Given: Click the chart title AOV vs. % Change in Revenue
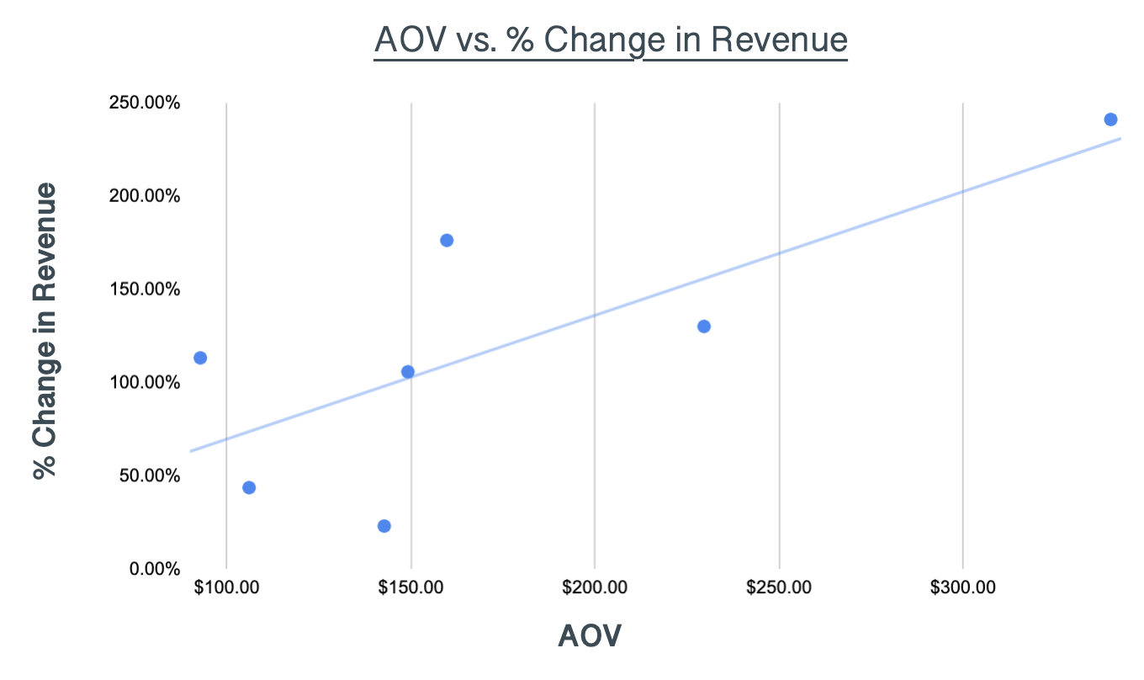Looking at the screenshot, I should tap(611, 40).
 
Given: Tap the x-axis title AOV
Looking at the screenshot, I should tap(590, 636).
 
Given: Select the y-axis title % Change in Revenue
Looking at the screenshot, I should tap(45, 331).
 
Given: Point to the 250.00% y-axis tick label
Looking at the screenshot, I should tap(144, 103).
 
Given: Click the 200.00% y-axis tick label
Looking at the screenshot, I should tap(144, 196).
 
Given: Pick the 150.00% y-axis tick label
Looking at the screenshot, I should tap(144, 290).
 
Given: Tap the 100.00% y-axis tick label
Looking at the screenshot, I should tap(144, 383).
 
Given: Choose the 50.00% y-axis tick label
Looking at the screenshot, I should tap(148, 475).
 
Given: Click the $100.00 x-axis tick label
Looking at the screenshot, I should tap(226, 587).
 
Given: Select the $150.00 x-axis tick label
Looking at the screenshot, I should tap(410, 587).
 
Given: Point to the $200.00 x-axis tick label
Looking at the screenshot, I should tap(595, 587).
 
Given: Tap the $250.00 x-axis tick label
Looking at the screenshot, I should tap(779, 587).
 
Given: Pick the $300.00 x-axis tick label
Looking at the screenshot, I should tap(963, 587).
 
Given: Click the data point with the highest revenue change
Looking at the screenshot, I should tap(1110, 120).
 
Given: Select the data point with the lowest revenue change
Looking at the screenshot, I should tap(384, 526).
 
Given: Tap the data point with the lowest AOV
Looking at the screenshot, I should tap(200, 358).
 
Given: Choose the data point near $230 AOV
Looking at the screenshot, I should tap(704, 327).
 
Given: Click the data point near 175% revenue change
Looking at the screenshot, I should tap(447, 241).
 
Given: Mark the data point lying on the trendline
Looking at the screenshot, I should tap(408, 372).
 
